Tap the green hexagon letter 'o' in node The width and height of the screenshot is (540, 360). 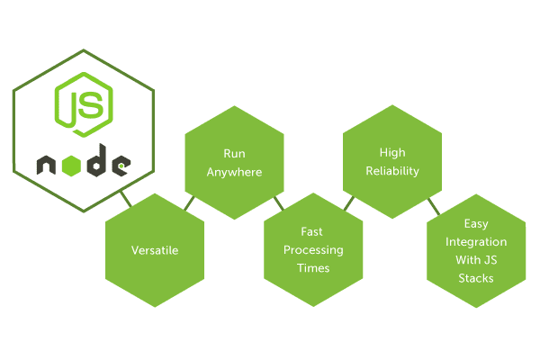coord(72,166)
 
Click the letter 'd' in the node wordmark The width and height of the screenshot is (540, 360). coord(96,161)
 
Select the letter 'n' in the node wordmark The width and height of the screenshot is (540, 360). coord(46,165)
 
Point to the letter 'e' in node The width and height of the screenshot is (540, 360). coord(121,166)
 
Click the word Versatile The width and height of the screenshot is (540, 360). coord(155,250)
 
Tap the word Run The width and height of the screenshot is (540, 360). coord(234,153)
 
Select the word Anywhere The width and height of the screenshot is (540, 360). coord(234,172)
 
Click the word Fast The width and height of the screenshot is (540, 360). coord(311,231)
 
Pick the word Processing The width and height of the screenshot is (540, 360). coord(313,250)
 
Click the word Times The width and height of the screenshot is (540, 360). coord(313,268)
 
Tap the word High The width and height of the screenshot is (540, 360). coord(392,153)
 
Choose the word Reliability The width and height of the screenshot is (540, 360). coord(392,171)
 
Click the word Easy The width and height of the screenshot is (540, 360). coord(476,224)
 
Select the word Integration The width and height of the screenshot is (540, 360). coord(476,242)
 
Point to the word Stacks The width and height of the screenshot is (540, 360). coord(476,278)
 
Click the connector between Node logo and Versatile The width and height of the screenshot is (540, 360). coord(126,199)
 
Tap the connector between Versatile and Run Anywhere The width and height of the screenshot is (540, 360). coord(189,203)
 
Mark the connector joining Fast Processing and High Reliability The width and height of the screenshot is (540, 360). coord(349,203)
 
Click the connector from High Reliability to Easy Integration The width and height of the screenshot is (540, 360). coord(434,206)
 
